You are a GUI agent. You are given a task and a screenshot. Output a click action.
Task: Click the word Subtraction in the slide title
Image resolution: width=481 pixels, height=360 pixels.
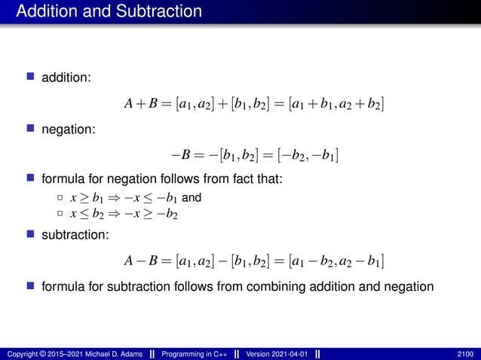pyautogui.click(x=158, y=12)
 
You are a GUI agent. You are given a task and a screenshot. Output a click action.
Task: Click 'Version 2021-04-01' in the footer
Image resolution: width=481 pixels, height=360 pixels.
pyautogui.click(x=277, y=353)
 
